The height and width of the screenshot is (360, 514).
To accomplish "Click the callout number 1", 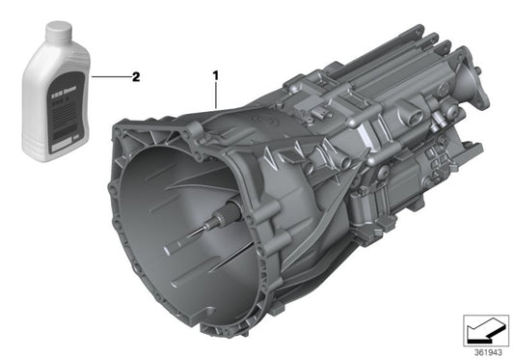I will [216, 73].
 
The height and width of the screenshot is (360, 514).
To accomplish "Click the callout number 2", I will [136, 73].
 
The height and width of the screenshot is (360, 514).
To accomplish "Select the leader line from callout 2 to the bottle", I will [110, 74].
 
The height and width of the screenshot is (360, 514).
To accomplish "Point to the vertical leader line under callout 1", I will [216, 95].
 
